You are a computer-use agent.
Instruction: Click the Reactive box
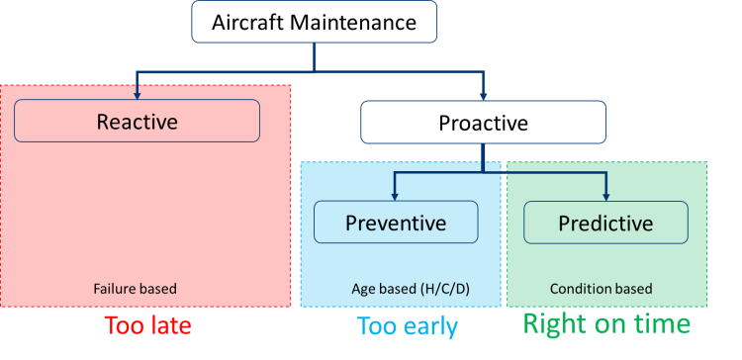coord(137,121)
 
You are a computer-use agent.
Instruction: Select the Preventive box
coord(396,223)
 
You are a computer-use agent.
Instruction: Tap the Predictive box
coord(605,223)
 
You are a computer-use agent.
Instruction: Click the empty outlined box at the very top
coord(314,22)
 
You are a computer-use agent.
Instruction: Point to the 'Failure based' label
coord(136,290)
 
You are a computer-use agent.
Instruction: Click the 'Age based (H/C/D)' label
coord(399,290)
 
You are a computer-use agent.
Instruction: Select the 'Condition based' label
coord(601,290)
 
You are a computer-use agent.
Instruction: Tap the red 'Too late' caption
coord(148,324)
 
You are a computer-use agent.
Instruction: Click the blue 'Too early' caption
coord(407,326)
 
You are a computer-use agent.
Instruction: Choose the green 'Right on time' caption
coord(606,323)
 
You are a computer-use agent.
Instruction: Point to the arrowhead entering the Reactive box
coord(138,95)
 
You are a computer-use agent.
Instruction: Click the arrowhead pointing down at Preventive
coord(396,197)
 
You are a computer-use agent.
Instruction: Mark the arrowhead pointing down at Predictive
coord(605,197)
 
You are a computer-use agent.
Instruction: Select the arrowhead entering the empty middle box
coord(483,95)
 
